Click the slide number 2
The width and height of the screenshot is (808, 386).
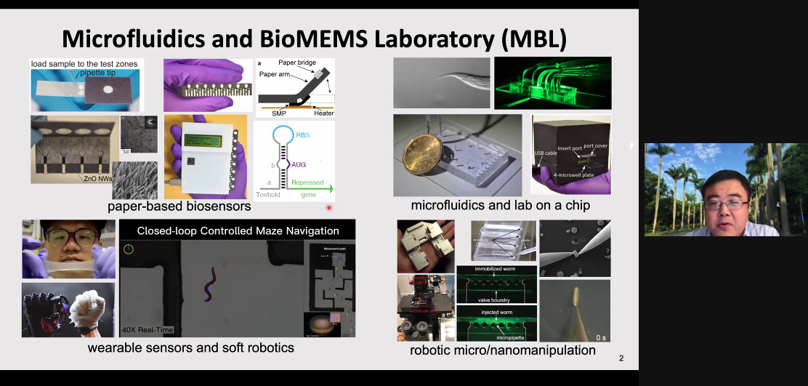621,358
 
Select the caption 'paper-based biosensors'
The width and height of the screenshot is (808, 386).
179,206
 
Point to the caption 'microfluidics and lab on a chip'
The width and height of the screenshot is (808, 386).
500,205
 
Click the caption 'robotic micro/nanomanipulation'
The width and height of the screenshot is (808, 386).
503,350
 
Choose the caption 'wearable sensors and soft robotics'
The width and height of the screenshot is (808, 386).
190,347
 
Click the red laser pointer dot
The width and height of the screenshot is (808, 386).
328,208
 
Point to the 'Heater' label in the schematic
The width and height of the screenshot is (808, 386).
324,113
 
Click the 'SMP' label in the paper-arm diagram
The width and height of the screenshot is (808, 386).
278,113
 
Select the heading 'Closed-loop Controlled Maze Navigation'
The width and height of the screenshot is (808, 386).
238,230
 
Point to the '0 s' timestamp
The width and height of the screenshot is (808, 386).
600,337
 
